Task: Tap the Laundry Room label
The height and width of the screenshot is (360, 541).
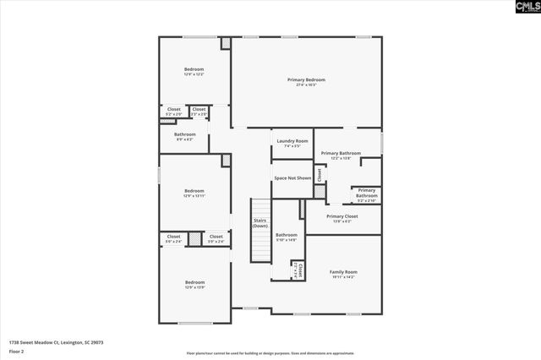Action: click(x=292, y=143)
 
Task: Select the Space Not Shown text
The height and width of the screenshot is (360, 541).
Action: click(x=292, y=178)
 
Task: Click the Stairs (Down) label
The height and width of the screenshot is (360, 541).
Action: click(x=260, y=223)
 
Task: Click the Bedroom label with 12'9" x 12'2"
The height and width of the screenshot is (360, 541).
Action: click(x=194, y=72)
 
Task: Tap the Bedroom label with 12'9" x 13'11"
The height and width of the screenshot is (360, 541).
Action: click(x=194, y=193)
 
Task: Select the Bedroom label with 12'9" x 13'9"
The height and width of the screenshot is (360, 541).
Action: click(x=194, y=284)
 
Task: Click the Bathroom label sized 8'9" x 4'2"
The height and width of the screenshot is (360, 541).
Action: click(x=184, y=136)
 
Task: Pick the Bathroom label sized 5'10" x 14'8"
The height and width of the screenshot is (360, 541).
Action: click(x=287, y=237)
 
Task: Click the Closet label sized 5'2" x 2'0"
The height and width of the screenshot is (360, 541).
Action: click(x=173, y=111)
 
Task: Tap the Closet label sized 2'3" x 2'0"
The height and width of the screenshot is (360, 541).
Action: click(x=199, y=111)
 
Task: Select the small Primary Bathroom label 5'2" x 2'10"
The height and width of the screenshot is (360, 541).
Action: click(x=366, y=195)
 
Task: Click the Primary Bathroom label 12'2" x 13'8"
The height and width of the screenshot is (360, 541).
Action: click(x=341, y=155)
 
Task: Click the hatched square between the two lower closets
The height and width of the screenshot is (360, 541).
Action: click(x=195, y=239)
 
